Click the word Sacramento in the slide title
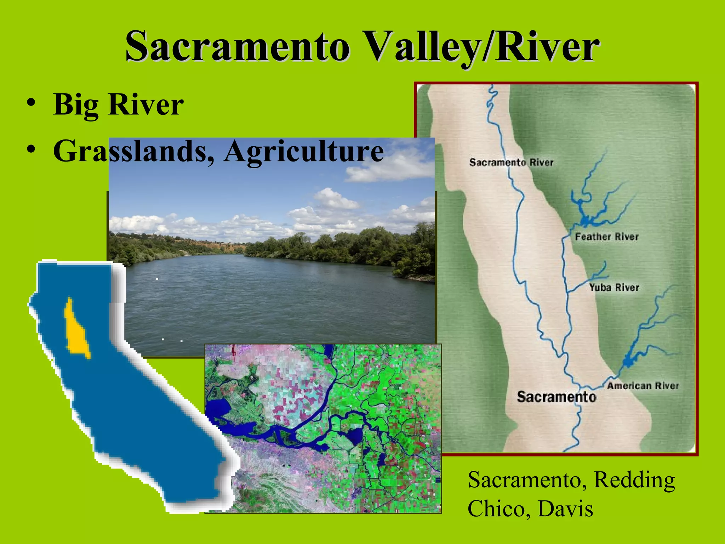tap(237, 47)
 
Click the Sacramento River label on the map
tap(511, 162)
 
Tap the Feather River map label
tap(606, 237)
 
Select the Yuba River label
tap(614, 287)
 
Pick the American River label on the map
tap(643, 386)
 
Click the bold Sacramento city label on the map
tap(556, 397)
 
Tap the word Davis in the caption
tap(565, 509)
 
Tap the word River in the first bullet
tap(146, 105)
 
